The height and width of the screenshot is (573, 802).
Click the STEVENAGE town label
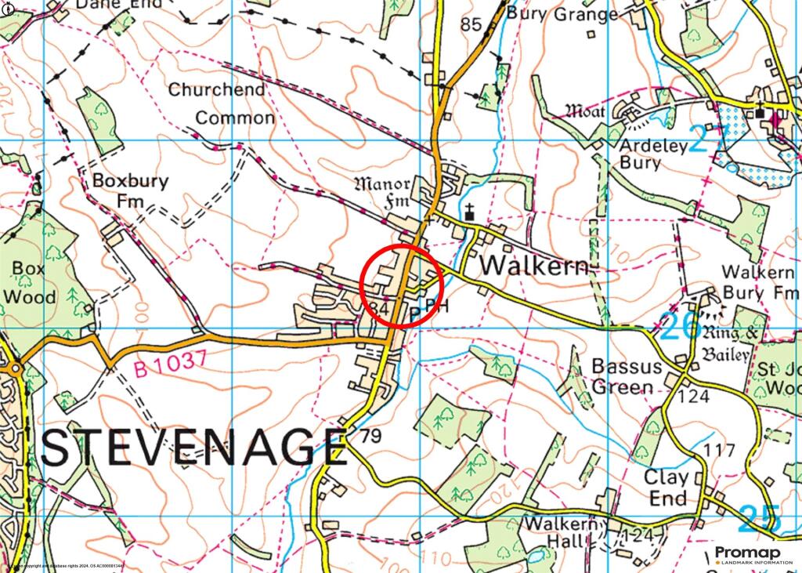click(x=193, y=448)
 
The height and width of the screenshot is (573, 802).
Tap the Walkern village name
click(x=533, y=266)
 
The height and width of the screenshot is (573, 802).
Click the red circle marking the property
click(x=403, y=285)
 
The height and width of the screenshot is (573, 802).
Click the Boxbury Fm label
click(x=130, y=190)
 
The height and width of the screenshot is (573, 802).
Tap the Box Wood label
click(x=29, y=282)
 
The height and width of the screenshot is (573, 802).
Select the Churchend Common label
click(x=222, y=103)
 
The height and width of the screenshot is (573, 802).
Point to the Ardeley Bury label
click(x=651, y=154)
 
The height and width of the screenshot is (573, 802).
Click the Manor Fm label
click(x=384, y=194)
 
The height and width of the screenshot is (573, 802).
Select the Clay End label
click(x=667, y=488)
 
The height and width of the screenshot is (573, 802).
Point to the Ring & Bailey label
click(x=729, y=343)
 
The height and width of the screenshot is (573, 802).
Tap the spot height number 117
click(x=720, y=450)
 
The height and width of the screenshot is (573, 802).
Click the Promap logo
click(x=748, y=555)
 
